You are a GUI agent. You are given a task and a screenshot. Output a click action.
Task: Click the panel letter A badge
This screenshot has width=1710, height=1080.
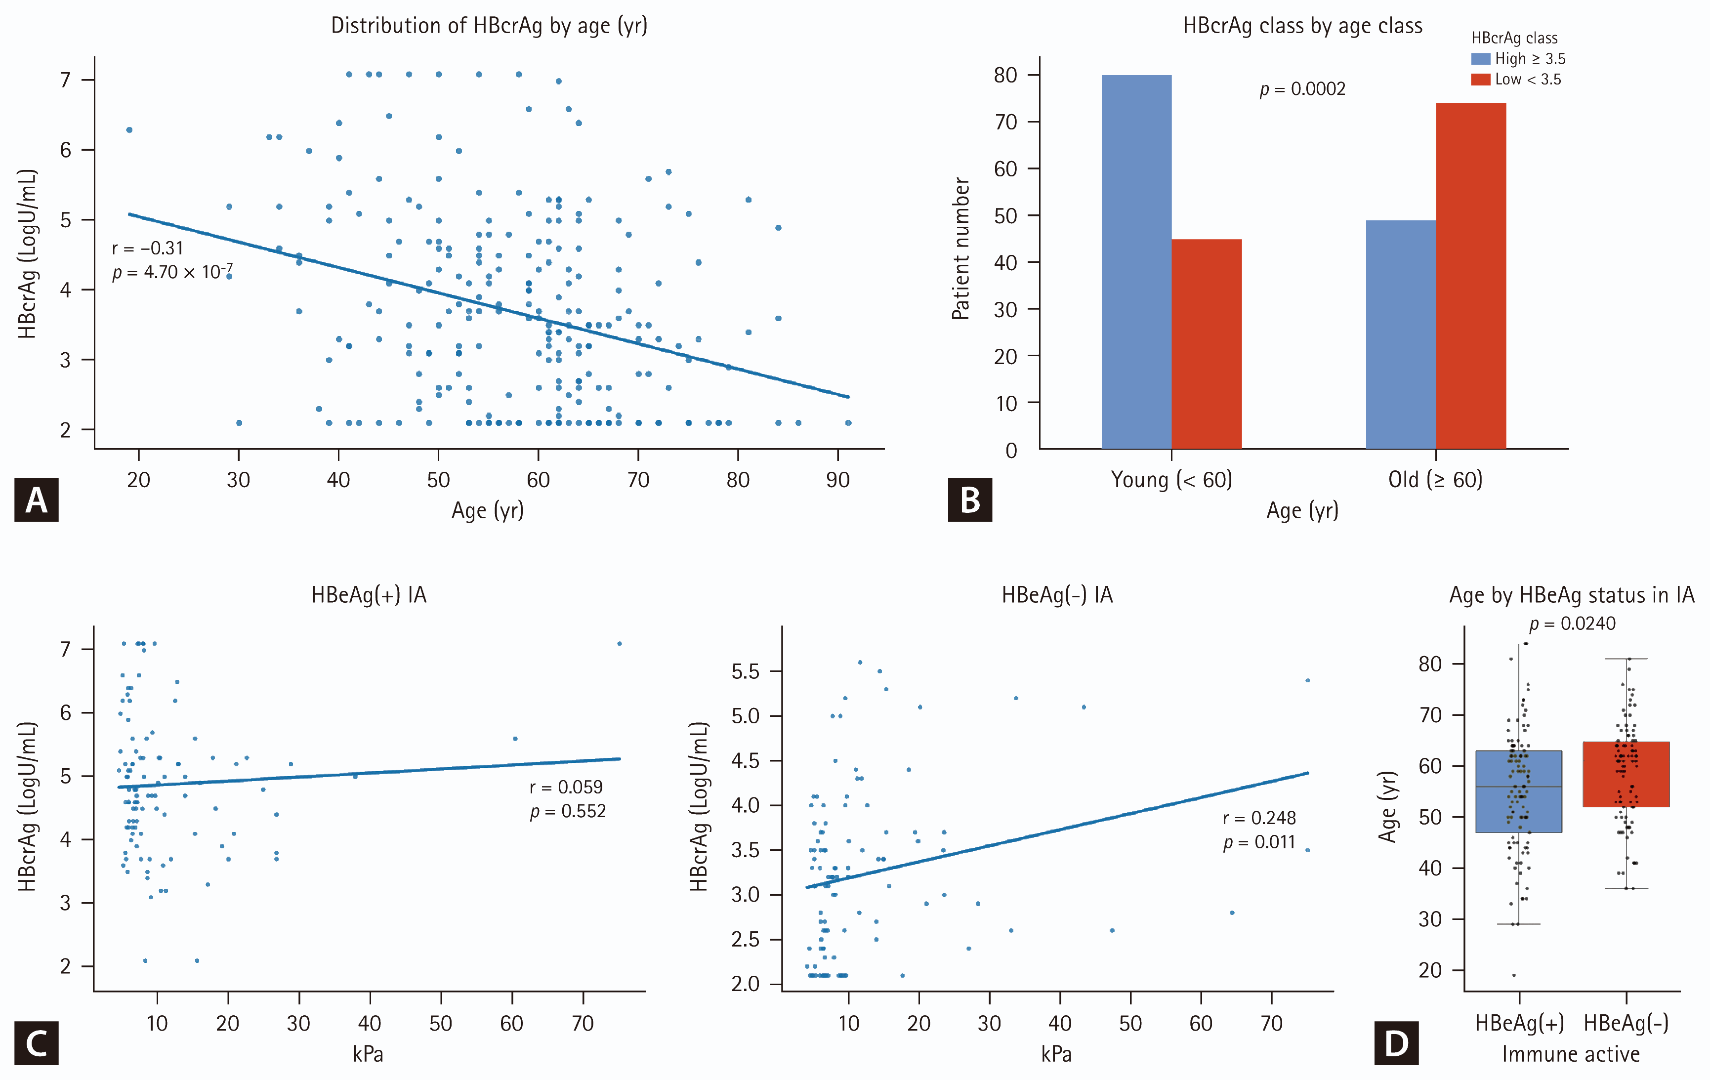tap(36, 500)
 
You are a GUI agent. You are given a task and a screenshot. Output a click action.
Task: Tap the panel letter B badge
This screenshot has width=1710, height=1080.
tap(970, 500)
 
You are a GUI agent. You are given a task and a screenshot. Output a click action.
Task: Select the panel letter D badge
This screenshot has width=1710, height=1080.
tap(1397, 1043)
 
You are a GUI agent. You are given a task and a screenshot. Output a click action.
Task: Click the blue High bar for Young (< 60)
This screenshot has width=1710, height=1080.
tap(1136, 261)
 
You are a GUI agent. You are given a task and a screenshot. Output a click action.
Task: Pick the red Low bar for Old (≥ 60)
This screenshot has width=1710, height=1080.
tap(1471, 276)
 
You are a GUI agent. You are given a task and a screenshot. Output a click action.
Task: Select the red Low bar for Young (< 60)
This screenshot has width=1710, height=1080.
tap(1207, 344)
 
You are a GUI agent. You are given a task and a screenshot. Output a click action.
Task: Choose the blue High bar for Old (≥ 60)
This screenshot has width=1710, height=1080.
tap(1401, 334)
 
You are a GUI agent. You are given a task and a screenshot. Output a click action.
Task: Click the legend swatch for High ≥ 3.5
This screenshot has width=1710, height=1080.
tap(1481, 58)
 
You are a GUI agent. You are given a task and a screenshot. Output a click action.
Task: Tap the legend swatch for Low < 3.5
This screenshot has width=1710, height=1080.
tap(1481, 79)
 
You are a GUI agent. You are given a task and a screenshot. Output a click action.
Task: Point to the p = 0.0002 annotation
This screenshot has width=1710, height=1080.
tap(1302, 89)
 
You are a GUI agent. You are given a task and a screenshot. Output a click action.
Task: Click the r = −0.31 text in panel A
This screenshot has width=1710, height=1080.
tap(148, 248)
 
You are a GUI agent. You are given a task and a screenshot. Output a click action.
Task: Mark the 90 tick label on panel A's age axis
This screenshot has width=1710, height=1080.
tap(838, 480)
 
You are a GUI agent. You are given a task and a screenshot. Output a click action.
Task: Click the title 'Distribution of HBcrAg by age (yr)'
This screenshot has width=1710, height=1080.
tap(489, 26)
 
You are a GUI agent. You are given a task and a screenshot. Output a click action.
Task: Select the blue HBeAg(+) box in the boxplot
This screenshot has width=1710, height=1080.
tap(1519, 791)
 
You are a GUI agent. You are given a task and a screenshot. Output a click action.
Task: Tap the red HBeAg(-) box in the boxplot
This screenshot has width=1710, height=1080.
tap(1626, 774)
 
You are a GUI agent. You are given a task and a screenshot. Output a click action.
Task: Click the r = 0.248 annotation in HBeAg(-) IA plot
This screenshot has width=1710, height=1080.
tap(1259, 818)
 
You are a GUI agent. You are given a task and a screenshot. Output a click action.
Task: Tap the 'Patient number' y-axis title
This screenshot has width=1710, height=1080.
tap(961, 249)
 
